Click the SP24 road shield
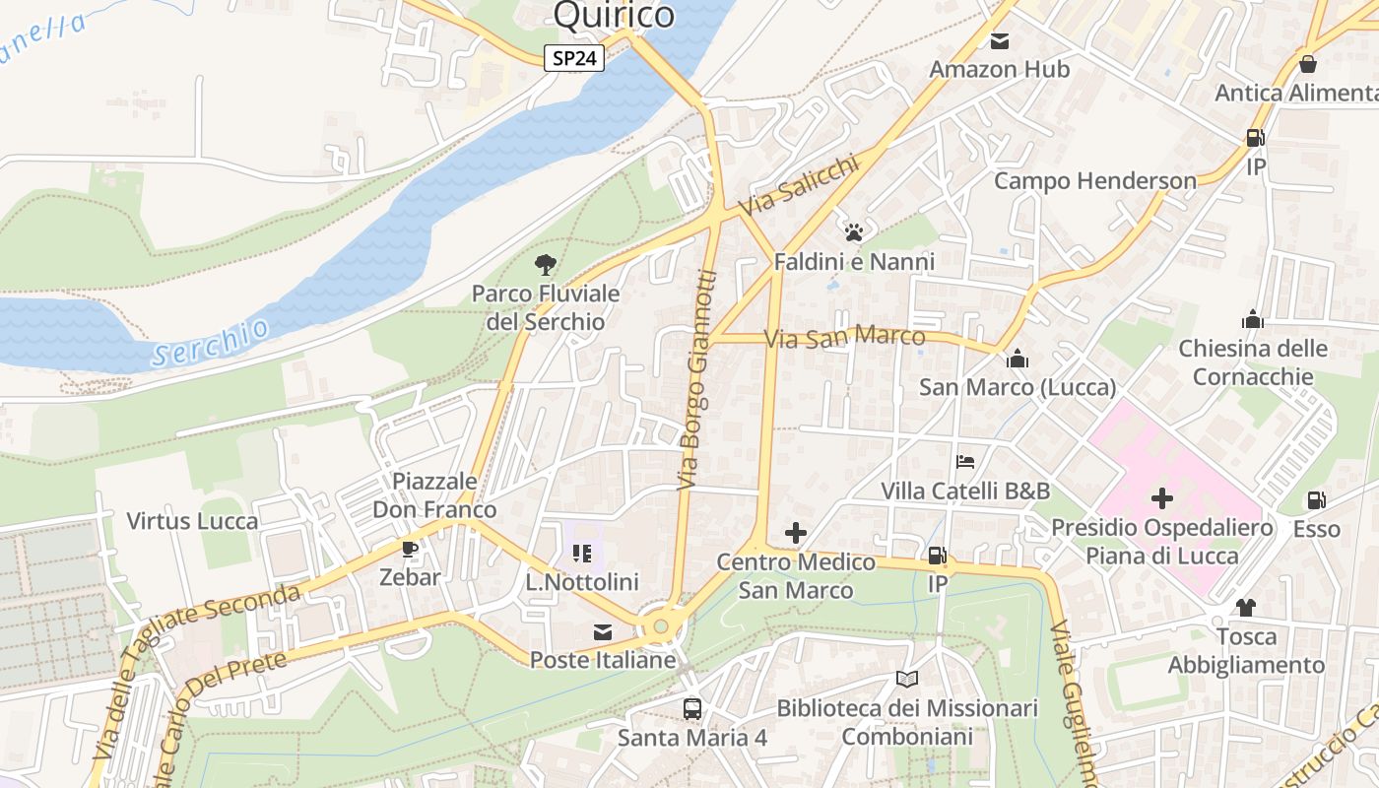point(574,58)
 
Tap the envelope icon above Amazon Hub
point(1000,41)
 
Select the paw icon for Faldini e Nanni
point(854,232)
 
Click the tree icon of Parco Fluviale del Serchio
point(545,264)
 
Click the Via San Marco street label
point(845,338)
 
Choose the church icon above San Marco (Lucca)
point(1018,359)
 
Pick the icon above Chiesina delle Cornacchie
point(1253,319)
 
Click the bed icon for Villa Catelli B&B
point(965,461)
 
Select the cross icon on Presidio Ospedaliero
point(1162,498)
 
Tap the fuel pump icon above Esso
point(1316,500)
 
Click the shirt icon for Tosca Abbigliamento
point(1246,607)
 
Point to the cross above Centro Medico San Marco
point(795,533)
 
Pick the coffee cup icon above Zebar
point(410,549)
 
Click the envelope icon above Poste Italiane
point(602,631)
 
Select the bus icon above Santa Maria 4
point(692,708)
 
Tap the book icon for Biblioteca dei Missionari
point(907,679)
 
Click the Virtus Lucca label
point(192,521)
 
